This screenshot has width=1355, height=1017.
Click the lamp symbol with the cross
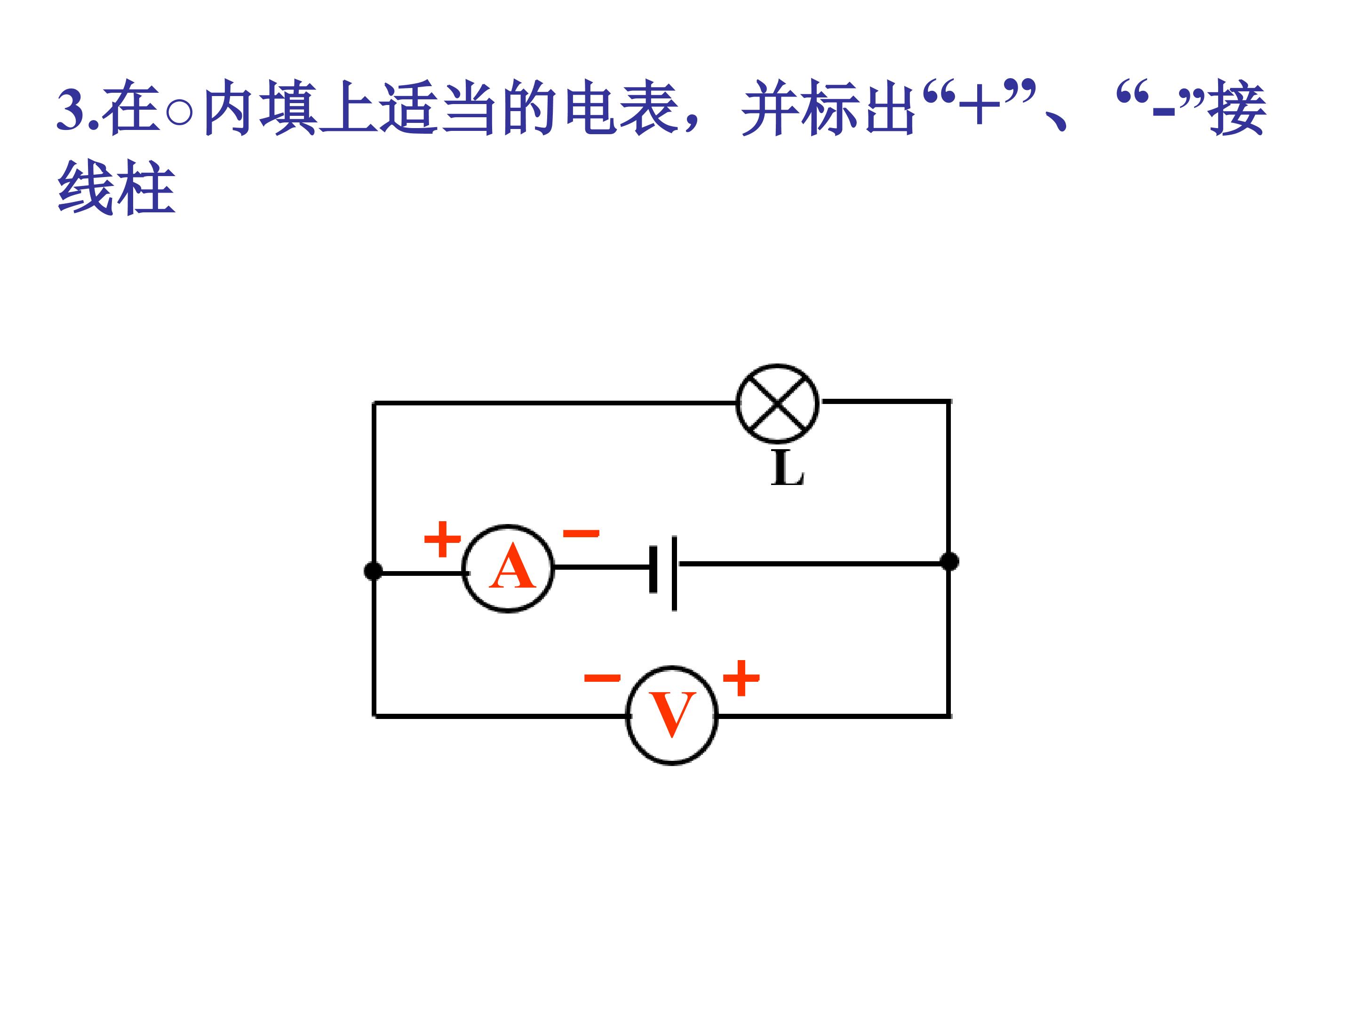(777, 404)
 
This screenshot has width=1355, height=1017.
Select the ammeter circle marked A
(508, 568)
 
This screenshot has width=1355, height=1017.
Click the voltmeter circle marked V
(672, 715)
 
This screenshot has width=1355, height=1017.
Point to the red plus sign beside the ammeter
(442, 539)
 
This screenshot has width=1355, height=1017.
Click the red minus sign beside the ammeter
(581, 533)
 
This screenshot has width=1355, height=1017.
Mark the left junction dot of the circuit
(373, 571)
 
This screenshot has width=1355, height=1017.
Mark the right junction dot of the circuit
(949, 561)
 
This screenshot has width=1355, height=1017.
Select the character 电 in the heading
(591, 108)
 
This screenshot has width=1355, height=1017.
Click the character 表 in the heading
(649, 108)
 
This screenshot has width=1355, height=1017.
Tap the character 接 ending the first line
(1237, 108)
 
